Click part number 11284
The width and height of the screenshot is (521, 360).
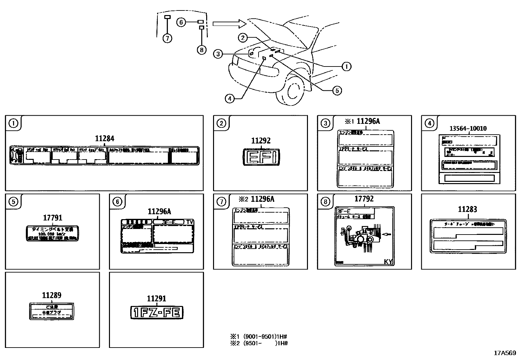click(104, 139)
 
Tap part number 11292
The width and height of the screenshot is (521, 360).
click(260, 141)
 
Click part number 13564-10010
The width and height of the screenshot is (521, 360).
click(468, 128)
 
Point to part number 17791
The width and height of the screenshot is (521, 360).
click(52, 218)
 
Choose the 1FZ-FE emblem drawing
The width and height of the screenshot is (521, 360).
click(157, 313)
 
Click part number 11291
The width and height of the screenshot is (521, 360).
click(156, 298)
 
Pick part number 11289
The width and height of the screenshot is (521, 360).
click(52, 295)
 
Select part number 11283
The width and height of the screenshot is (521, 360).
click(467, 209)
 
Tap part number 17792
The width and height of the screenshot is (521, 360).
click(364, 199)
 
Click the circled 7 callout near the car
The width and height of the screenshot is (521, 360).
click(167, 38)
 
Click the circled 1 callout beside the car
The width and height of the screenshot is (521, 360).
click(346, 66)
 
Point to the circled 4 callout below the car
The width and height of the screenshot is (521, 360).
click(230, 98)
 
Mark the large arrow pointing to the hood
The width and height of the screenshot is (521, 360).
click(229, 23)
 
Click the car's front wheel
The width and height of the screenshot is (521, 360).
click(290, 90)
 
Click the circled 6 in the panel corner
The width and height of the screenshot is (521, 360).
click(117, 201)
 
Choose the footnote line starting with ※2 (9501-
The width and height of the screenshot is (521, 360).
click(259, 343)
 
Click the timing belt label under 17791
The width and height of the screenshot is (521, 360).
click(52, 233)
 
